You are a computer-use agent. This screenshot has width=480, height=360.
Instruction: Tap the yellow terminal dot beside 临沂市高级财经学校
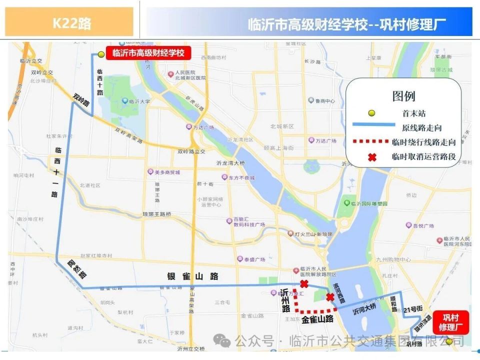[x=101, y=54]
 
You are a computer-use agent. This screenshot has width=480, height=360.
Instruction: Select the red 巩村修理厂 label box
[x=450, y=322]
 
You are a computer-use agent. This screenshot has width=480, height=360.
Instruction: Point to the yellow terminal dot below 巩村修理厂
[x=449, y=341]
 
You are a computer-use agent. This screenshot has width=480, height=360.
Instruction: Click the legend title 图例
[x=403, y=96]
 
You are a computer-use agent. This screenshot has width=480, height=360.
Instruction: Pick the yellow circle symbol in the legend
[x=371, y=113]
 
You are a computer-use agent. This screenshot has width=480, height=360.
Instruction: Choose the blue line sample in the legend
[x=371, y=128]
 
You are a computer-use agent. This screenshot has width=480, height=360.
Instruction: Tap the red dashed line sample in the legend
[x=371, y=142]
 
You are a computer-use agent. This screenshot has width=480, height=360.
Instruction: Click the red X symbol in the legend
[x=371, y=157]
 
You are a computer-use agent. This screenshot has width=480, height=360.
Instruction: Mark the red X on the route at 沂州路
[x=304, y=284]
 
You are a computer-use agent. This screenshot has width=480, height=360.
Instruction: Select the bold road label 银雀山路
[x=193, y=276]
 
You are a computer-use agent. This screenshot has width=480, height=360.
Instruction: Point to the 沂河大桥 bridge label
[x=365, y=310]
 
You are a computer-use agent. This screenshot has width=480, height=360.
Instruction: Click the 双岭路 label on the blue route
[x=81, y=99]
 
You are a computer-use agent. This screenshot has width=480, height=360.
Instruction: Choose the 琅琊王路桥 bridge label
[x=157, y=214]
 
